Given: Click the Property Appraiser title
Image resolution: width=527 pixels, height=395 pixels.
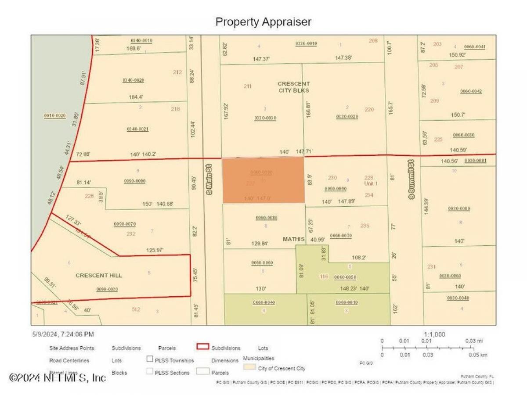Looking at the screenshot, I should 263,22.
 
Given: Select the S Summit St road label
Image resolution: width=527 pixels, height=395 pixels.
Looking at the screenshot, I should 411,179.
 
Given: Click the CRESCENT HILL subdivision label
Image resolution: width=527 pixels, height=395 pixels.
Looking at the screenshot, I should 99,276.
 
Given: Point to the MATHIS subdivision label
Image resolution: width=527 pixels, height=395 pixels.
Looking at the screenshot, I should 294,239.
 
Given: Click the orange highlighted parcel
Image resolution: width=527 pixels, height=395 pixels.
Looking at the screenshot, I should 263,180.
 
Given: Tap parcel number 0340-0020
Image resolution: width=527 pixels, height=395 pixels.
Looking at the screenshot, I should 134,80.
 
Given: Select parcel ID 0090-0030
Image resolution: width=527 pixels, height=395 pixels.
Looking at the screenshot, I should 107,289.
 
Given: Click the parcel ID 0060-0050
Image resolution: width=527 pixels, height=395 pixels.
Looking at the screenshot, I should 345,277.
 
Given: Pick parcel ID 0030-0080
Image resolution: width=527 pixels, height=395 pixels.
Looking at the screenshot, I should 459,208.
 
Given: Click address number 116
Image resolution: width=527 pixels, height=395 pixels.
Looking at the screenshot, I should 324,276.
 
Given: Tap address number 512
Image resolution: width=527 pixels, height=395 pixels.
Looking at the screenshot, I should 136,309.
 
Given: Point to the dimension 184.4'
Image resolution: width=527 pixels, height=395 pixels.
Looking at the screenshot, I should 135,97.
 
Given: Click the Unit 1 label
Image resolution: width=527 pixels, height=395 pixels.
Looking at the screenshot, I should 371,183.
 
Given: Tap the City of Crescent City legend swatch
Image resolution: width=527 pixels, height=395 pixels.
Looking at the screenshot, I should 249,368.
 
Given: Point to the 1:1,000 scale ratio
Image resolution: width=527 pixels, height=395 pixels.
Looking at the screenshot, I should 434,334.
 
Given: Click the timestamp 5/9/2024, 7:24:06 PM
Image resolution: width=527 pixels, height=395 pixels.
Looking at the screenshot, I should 63,334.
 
